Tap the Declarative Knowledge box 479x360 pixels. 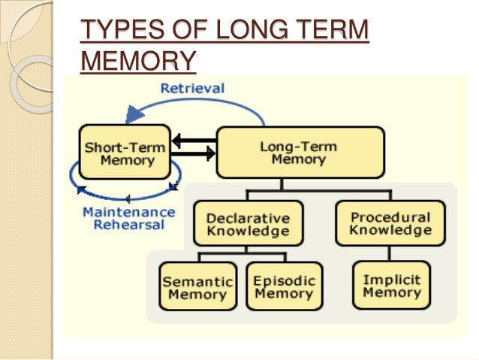248,223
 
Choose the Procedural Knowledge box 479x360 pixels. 390,222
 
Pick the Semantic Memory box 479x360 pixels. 197,287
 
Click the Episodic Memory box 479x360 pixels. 283,286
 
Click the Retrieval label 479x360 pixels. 193,88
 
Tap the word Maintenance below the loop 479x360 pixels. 128,212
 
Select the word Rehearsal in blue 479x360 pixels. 128,225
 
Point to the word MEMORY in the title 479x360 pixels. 138,59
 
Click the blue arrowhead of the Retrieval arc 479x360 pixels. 135,114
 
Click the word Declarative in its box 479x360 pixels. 248,217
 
